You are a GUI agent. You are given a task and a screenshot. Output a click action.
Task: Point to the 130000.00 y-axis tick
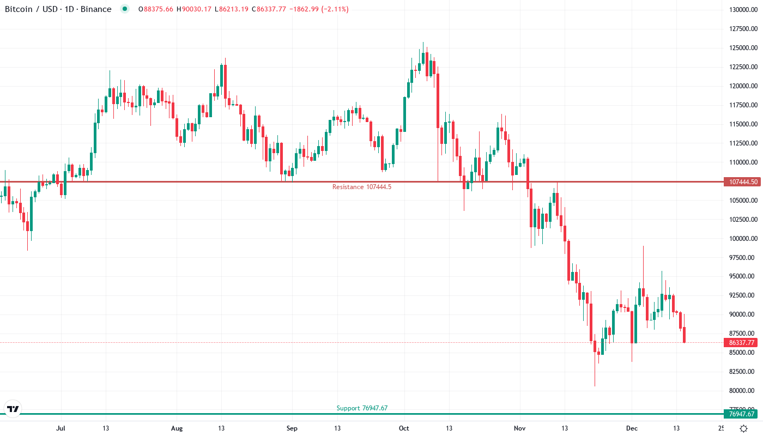[x=742, y=10]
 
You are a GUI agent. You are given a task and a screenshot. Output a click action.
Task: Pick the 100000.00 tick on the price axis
[x=742, y=239]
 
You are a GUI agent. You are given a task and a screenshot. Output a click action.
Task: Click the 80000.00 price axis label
[x=742, y=391]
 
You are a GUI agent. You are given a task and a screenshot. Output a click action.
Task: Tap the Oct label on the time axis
[x=404, y=428]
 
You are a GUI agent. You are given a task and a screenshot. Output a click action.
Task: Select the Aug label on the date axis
[x=177, y=428]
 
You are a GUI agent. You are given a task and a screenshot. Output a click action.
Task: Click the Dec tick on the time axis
[x=631, y=428]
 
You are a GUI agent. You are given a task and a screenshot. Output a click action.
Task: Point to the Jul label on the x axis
[x=61, y=428]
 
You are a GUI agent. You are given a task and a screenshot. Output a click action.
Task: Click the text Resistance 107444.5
[x=362, y=187]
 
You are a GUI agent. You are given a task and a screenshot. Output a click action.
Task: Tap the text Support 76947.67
[x=362, y=408]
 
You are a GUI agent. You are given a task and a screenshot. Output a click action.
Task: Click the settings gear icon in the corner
[x=743, y=428]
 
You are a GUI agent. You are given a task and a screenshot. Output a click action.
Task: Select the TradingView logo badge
[x=13, y=409]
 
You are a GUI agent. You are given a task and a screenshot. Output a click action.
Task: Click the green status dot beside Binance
[x=125, y=9]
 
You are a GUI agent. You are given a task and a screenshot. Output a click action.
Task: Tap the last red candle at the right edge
[x=685, y=335]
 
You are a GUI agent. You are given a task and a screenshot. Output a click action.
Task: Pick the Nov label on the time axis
[x=520, y=428]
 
